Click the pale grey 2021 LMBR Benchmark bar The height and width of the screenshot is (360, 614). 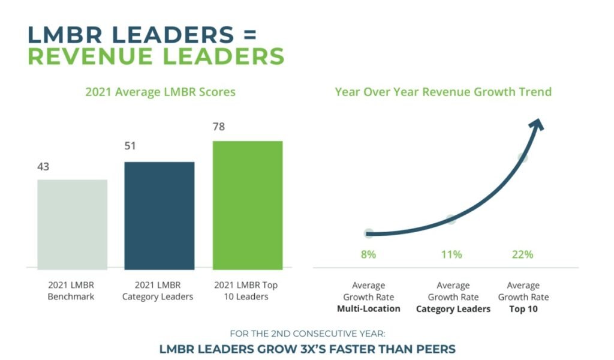[72, 224]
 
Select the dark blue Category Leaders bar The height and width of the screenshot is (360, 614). [159, 215]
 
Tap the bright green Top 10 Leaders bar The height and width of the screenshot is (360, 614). [247, 205]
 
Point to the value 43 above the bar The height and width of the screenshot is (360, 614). [43, 167]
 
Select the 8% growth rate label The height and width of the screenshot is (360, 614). [368, 254]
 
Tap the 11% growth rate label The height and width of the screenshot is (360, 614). [451, 254]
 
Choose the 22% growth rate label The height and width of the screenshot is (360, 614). [523, 254]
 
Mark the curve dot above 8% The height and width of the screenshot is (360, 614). [368, 233]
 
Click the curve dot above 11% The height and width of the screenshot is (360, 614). [451, 219]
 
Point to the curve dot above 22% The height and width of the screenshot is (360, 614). [523, 158]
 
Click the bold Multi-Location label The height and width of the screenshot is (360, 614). [368, 309]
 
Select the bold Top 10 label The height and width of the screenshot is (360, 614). [523, 309]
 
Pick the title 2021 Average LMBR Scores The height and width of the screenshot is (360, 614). [160, 92]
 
